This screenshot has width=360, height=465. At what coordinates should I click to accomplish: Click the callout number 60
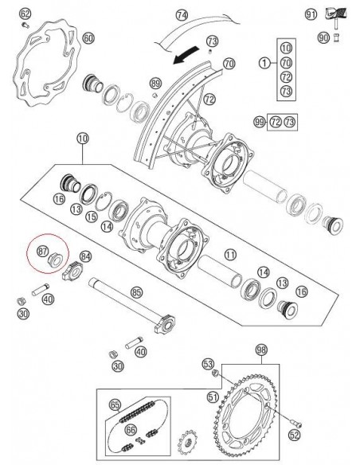click(88, 38)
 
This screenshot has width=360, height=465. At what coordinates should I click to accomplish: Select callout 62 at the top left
click(25, 14)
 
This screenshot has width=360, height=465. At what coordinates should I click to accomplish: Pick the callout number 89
click(155, 83)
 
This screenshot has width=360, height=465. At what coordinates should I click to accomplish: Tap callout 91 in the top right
click(311, 14)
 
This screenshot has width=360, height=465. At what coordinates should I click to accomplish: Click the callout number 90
click(323, 37)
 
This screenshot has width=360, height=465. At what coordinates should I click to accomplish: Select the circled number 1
click(262, 62)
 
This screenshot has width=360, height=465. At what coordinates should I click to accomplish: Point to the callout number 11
click(230, 255)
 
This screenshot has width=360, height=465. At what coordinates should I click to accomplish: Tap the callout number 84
click(85, 256)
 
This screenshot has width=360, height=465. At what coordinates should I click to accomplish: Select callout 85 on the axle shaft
click(136, 293)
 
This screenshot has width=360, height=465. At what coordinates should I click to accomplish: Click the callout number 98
click(260, 350)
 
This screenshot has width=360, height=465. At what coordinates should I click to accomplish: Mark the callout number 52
click(295, 434)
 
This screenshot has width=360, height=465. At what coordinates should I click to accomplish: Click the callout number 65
click(115, 404)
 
